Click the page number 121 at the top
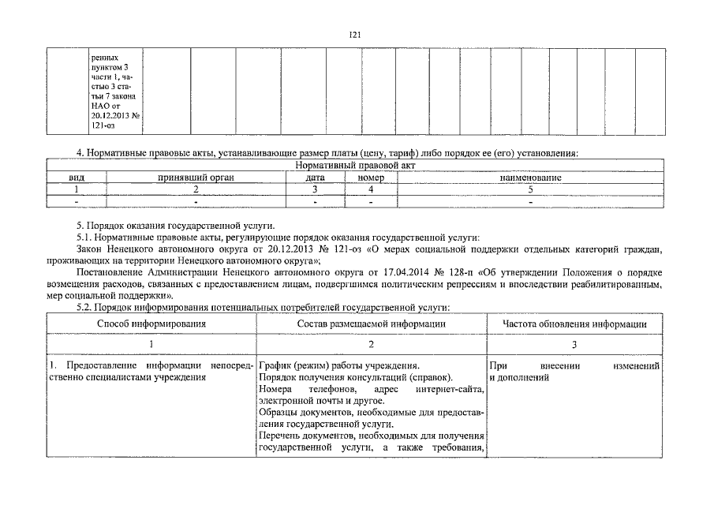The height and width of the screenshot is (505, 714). coord(354,35)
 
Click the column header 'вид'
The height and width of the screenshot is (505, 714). coord(77,178)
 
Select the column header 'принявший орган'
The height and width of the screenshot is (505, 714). coord(196,178)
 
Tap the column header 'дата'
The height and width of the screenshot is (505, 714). coord(315,178)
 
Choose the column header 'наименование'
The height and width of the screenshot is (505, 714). coord(530,178)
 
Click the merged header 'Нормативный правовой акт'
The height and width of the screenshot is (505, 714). coord(354,166)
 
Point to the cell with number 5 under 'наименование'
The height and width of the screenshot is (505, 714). coord(530,190)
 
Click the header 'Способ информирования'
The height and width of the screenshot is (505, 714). coord(151,324)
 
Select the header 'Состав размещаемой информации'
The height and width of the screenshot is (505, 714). coord(371,324)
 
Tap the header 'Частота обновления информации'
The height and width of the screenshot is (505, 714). coord(574,324)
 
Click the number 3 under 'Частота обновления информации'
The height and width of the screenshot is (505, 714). coord(574,344)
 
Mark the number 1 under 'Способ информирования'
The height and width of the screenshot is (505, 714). coord(151,344)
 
